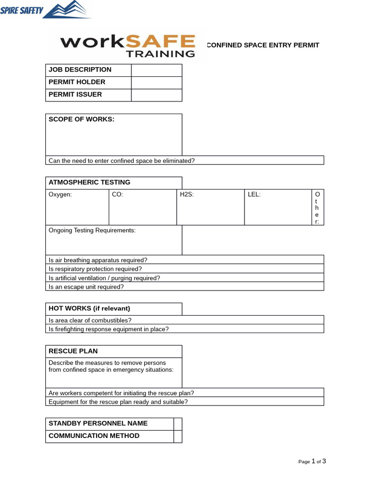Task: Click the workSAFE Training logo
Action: click(x=128, y=45)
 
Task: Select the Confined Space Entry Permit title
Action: click(x=263, y=45)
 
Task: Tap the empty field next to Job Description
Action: click(x=157, y=70)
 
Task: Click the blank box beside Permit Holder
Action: click(x=157, y=83)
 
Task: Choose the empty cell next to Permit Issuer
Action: click(x=157, y=95)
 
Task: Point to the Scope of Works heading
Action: click(x=82, y=119)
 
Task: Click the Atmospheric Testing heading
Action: click(x=89, y=182)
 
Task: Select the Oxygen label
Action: click(x=60, y=195)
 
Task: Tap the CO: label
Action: click(x=117, y=195)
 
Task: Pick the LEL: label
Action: click(x=254, y=195)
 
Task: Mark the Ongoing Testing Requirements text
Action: click(x=92, y=231)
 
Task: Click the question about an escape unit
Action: click(x=86, y=287)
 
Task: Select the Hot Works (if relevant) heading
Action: click(x=89, y=308)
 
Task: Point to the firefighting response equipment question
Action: click(x=109, y=329)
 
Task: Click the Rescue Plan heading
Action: click(x=73, y=351)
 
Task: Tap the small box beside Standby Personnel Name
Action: click(x=178, y=424)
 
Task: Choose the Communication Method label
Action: click(x=94, y=436)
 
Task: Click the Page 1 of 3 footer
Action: click(x=312, y=461)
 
